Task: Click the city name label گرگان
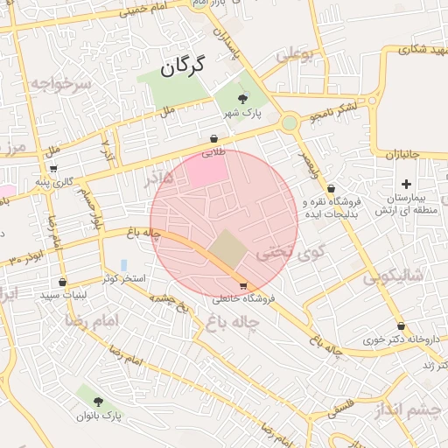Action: (182, 65)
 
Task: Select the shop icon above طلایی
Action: (214, 138)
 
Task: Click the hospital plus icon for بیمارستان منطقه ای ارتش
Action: (406, 184)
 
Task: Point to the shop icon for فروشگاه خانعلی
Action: (242, 285)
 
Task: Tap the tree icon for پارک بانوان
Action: (96, 402)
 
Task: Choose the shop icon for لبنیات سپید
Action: (62, 282)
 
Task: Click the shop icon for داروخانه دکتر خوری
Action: (401, 325)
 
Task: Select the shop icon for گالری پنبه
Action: (53, 169)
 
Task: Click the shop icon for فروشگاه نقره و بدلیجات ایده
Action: (331, 189)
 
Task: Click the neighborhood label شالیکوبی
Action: (393, 277)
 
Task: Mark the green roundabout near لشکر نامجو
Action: (289, 123)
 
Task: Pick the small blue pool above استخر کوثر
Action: (124, 264)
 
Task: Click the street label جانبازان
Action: (403, 155)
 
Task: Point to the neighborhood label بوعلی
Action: (295, 56)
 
